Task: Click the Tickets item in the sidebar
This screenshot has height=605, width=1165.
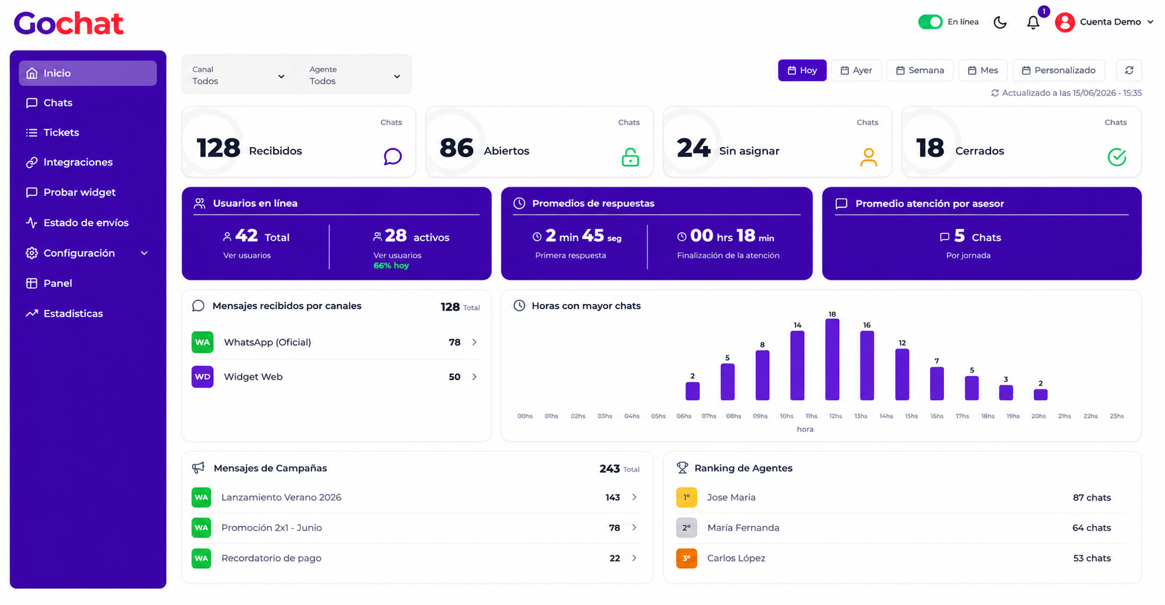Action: tap(62, 133)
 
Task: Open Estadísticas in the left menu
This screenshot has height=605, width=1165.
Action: tap(73, 313)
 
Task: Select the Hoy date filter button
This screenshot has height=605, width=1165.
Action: tap(802, 70)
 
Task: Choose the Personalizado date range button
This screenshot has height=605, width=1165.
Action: tap(1059, 70)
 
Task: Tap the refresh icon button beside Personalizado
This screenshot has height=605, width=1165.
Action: tap(1129, 70)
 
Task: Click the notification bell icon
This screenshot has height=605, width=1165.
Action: tap(1033, 23)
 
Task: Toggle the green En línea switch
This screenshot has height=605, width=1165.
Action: tap(930, 22)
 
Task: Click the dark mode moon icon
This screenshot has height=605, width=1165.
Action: tap(1000, 23)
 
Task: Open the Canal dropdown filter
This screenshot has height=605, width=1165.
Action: tap(238, 75)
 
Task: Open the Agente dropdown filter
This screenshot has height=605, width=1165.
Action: tap(355, 75)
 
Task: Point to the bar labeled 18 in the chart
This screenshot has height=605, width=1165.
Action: tap(832, 359)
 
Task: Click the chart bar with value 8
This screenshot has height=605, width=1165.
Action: tap(762, 375)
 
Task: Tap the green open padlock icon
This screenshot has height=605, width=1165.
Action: tap(630, 157)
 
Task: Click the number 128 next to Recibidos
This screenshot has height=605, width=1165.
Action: tap(218, 148)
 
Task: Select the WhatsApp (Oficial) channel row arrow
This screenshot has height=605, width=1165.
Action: tap(475, 342)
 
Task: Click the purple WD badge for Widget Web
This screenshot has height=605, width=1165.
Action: tap(202, 377)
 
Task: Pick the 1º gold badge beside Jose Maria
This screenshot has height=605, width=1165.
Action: tap(686, 497)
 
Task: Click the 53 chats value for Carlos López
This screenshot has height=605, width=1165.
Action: tap(1092, 558)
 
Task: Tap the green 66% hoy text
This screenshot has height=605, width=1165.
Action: tap(391, 266)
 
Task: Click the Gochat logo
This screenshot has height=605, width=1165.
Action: tap(69, 23)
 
